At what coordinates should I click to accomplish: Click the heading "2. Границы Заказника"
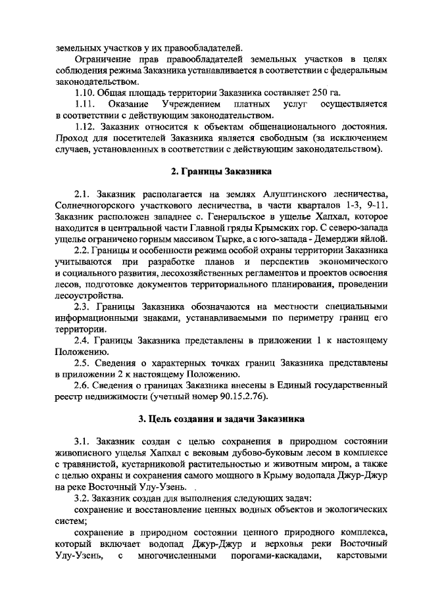tap(217, 172)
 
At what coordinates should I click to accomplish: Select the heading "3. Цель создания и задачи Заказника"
tap(217, 418)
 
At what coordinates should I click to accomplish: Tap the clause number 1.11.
tap(86, 105)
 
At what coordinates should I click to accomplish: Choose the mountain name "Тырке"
tap(238, 239)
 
